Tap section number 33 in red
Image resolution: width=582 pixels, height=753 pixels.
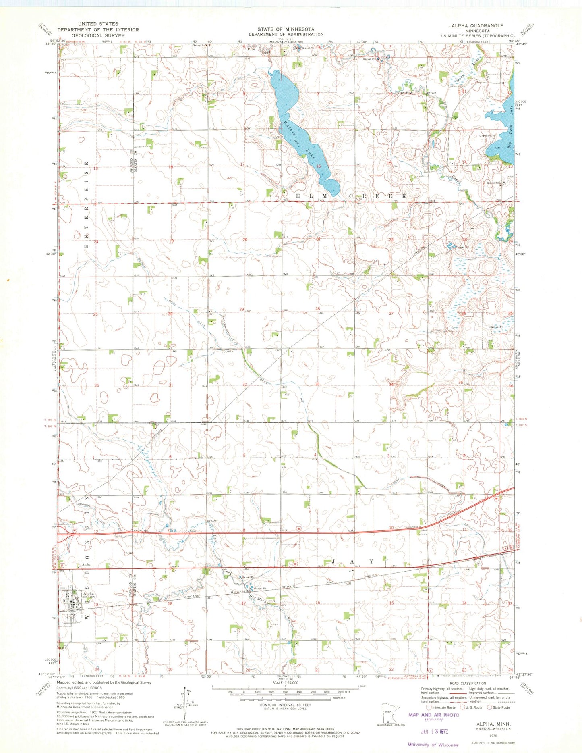(317, 384)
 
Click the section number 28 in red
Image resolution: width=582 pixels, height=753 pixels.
(317, 309)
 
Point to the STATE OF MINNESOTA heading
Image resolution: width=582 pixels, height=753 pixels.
(286, 29)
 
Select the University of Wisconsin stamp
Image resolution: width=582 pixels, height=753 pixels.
(433, 744)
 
